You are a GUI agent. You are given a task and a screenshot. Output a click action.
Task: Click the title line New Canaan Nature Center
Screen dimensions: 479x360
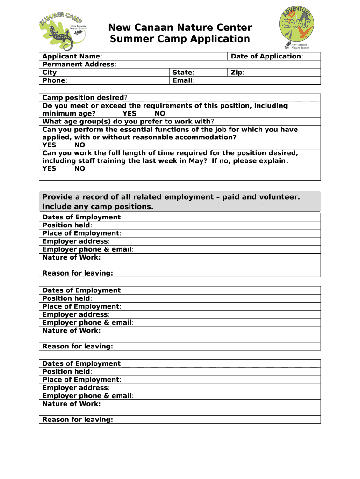[180, 28]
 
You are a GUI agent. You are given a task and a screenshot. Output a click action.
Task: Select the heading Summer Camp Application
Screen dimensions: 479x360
[180, 39]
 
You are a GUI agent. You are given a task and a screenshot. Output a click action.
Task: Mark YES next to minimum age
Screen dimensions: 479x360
[130, 114]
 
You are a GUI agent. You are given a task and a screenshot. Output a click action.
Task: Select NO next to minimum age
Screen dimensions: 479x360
[160, 114]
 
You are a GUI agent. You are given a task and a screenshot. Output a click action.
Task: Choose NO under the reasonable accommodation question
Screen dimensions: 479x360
[79, 145]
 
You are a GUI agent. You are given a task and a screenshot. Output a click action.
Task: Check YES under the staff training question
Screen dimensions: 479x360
[49, 168]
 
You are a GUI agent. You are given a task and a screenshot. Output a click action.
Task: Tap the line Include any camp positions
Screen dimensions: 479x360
[98, 207]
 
